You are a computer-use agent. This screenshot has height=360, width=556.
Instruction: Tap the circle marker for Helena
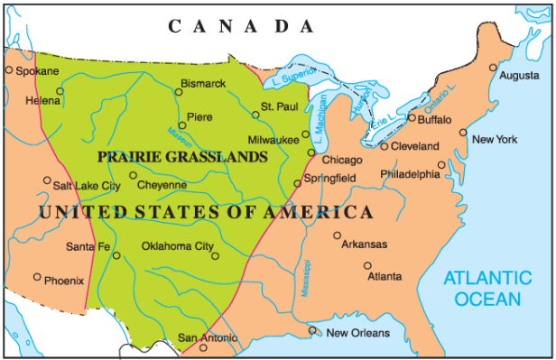pos(60,90)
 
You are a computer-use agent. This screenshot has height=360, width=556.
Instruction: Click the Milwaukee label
pos(274,140)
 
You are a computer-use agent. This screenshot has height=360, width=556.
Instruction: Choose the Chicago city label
pos(342,160)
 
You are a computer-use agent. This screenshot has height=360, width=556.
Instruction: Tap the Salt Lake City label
pos(87,186)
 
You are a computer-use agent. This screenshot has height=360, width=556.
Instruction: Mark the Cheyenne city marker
pos(133,176)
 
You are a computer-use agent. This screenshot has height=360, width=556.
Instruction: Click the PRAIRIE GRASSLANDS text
pos(182,156)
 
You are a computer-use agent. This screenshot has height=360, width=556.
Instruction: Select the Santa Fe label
pos(88,246)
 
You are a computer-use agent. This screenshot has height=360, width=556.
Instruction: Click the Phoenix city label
pos(64,280)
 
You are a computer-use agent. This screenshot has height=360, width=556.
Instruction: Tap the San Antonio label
pos(207,338)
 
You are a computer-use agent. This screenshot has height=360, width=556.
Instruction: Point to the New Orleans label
pos(357,333)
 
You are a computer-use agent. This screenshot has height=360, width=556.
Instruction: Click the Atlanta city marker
pos(367,265)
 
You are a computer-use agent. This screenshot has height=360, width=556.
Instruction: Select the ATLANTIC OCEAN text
pos(487,289)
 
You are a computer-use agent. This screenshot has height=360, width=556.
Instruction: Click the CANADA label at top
pos(245,26)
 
